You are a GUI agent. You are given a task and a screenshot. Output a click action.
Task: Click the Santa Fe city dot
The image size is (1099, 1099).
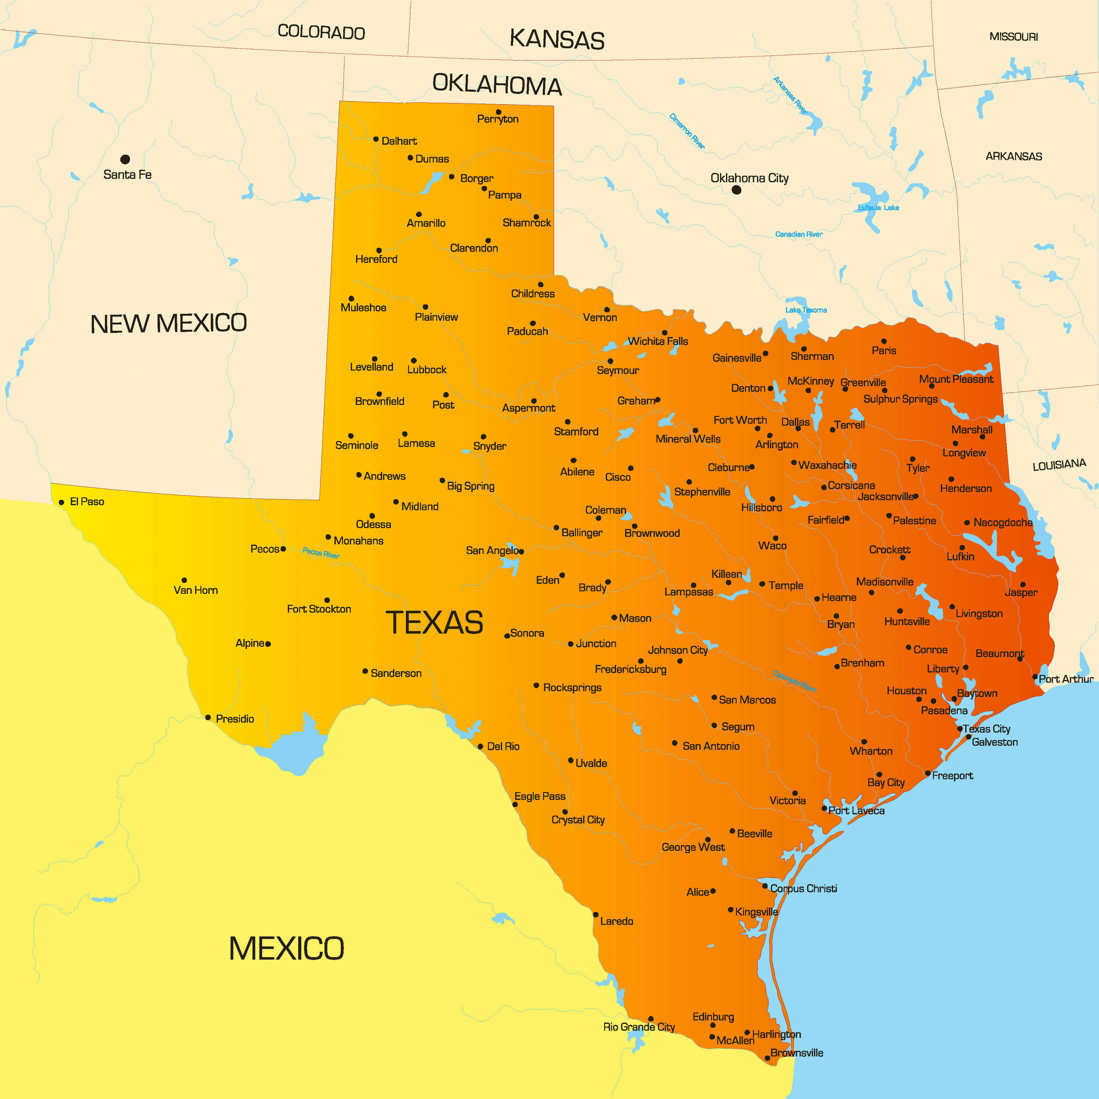point(125,159)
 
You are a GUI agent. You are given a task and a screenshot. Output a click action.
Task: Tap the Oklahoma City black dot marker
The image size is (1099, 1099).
point(736,190)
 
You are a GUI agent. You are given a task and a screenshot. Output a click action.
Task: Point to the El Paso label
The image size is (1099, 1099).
point(87,501)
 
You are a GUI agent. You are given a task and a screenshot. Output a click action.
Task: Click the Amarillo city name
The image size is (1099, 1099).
point(426,223)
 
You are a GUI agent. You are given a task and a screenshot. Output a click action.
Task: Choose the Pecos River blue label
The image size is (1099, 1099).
point(321,552)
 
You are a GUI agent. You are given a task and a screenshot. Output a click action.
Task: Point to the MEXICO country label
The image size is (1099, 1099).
point(286,948)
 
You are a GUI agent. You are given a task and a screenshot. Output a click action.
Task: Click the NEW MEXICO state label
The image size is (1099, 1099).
point(168,323)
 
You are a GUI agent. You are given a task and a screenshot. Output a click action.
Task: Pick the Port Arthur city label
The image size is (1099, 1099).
point(1065,679)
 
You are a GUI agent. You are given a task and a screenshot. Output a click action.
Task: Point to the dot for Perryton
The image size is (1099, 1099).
point(498,112)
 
